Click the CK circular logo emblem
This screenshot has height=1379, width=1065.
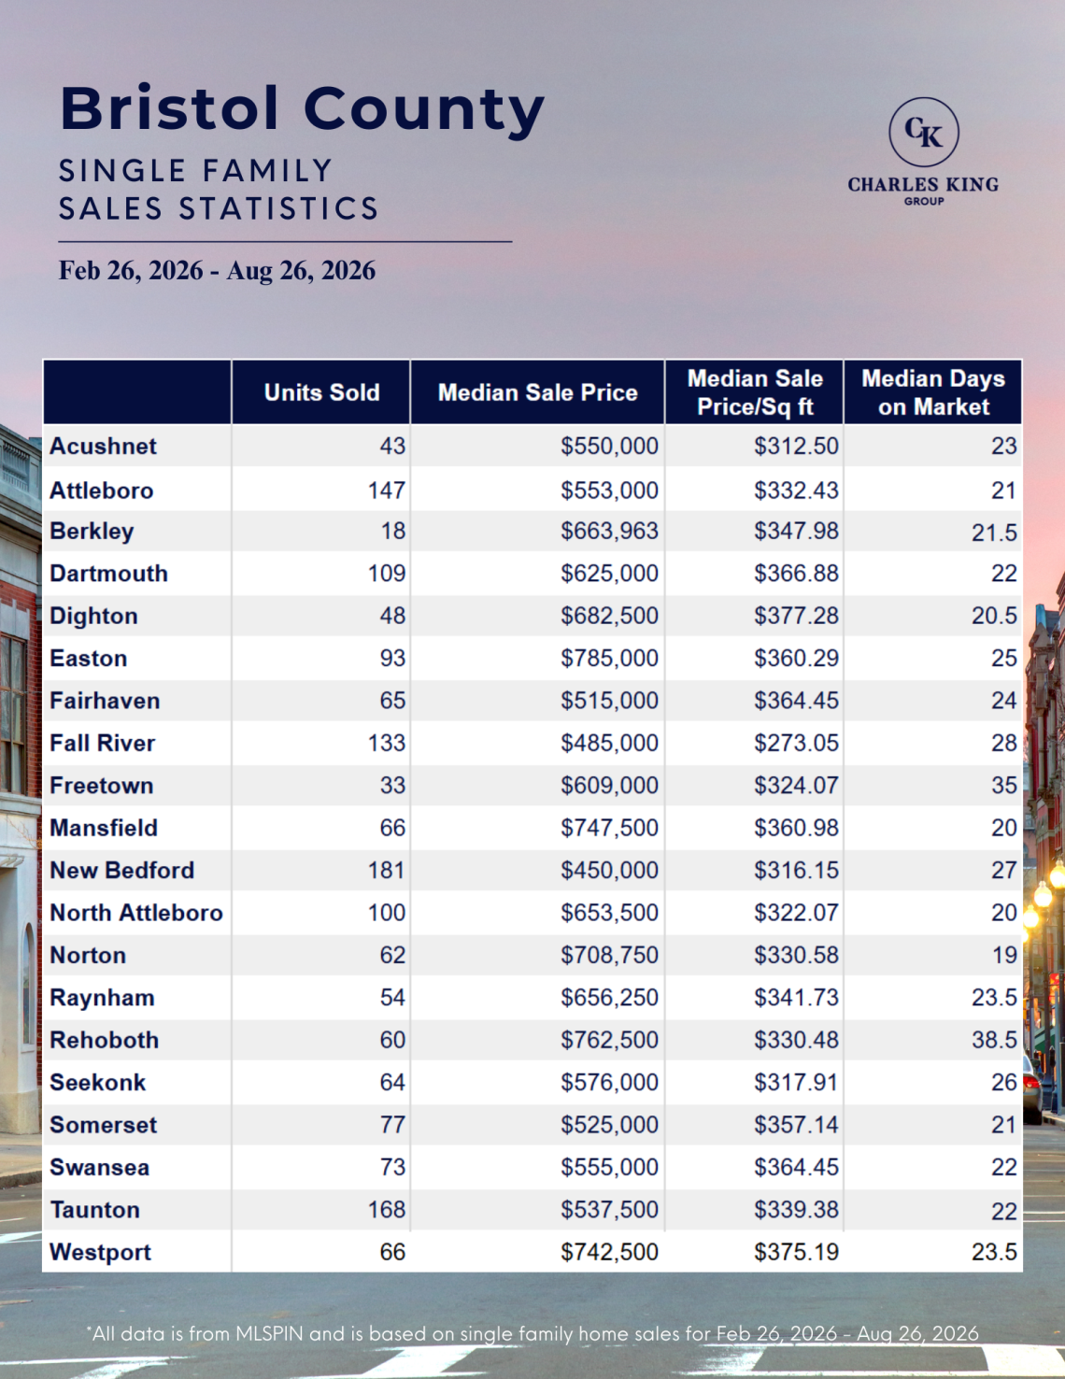pyautogui.click(x=924, y=132)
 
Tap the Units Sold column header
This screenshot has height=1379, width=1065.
pyautogui.click(x=321, y=392)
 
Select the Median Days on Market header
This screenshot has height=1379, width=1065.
pyautogui.click(x=933, y=392)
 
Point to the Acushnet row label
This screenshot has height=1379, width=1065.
pyautogui.click(x=103, y=447)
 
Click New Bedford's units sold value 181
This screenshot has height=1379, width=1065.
pyautogui.click(x=386, y=870)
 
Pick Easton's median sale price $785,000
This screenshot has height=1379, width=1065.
pyautogui.click(x=609, y=658)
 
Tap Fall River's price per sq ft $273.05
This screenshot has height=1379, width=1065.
pyautogui.click(x=796, y=743)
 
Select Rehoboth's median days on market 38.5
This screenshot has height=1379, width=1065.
pyautogui.click(x=994, y=1040)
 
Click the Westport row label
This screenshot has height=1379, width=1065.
pyautogui.click(x=100, y=1252)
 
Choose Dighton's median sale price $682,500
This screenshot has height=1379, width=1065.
pyautogui.click(x=609, y=616)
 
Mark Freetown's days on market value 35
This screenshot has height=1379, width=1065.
pyautogui.click(x=1004, y=785)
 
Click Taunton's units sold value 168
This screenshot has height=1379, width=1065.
pyautogui.click(x=386, y=1210)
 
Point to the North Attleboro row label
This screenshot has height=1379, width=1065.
pyautogui.click(x=136, y=913)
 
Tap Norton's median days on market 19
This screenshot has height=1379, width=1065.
pyautogui.click(x=1004, y=955)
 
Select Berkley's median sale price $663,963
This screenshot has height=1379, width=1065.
pyautogui.click(x=609, y=531)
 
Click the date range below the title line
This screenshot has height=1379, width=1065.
pyautogui.click(x=217, y=270)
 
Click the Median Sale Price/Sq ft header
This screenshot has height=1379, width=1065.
pyautogui.click(x=755, y=392)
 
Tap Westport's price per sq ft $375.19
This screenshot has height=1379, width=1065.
pyautogui.click(x=796, y=1252)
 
